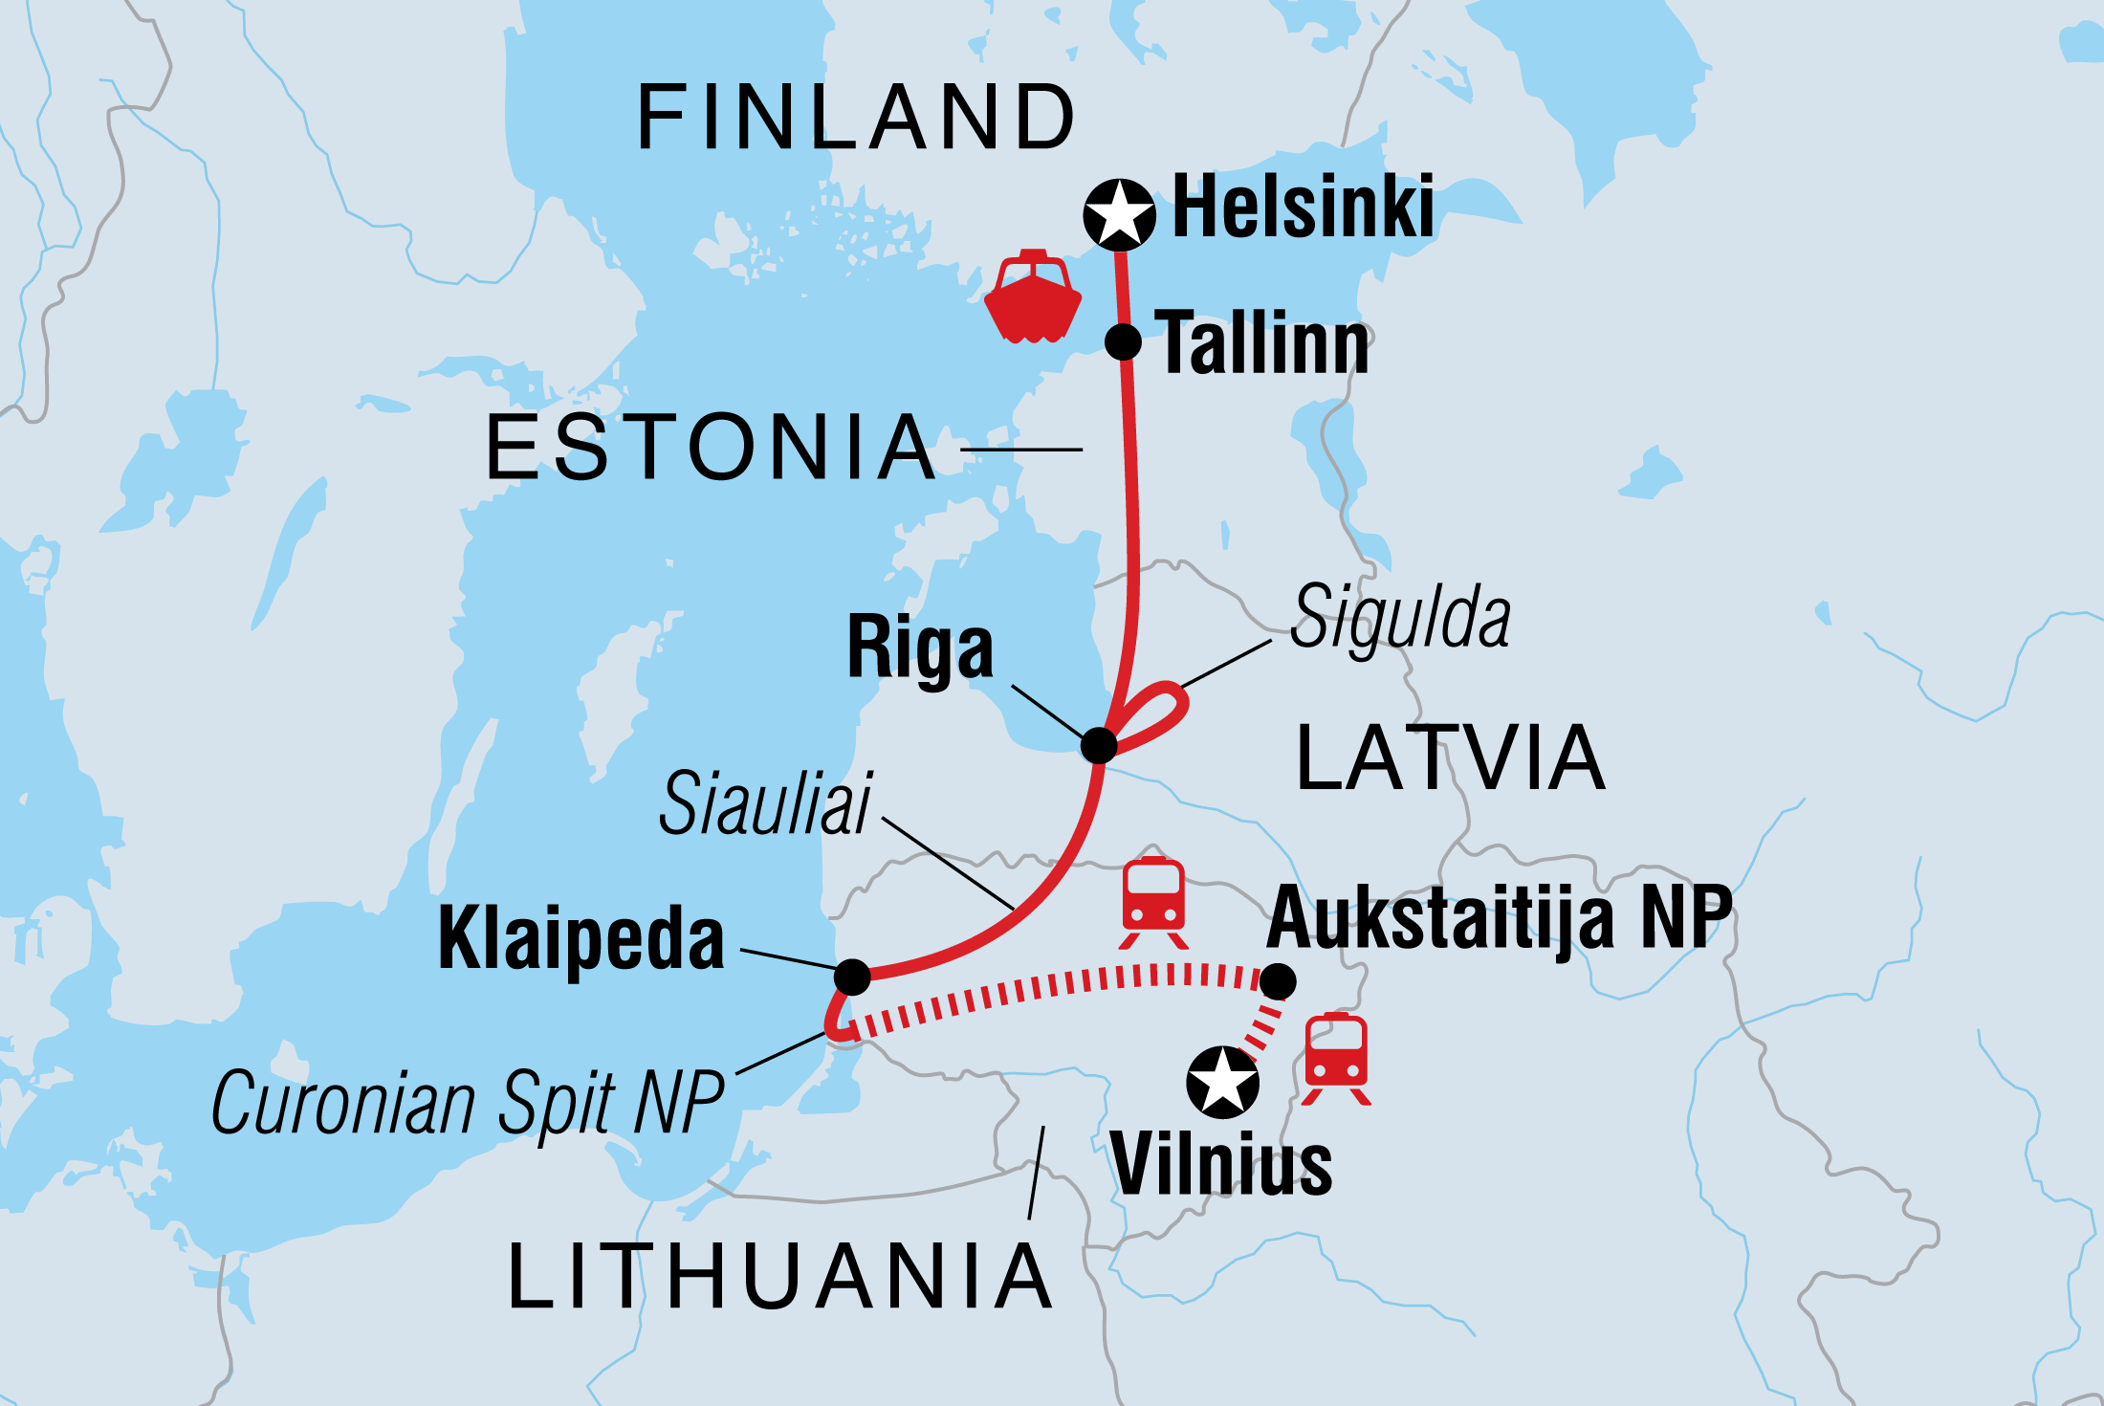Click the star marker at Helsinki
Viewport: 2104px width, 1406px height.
[x=1119, y=214]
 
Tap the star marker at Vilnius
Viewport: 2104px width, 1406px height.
[x=1221, y=1083]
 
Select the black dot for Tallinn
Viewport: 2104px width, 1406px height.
[x=1123, y=341]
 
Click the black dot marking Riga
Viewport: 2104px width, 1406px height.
[x=1099, y=745]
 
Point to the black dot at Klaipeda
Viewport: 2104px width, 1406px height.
[x=852, y=977]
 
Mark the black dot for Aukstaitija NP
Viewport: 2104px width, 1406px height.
[x=1278, y=980]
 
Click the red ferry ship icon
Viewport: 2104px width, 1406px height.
[x=1033, y=297]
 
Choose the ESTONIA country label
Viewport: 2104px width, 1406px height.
[x=711, y=448]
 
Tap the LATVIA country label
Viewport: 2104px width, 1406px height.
[x=1450, y=758]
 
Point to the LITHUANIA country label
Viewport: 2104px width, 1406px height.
[x=779, y=1277]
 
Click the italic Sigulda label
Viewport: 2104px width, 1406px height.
[x=1400, y=618]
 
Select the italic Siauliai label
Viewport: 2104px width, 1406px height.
[x=765, y=803]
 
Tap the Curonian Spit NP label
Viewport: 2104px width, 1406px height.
[x=468, y=1103]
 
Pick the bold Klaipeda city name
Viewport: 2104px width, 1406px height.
[x=581, y=939]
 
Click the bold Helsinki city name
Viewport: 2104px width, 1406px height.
[x=1303, y=207]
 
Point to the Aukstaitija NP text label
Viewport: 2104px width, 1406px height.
[x=1499, y=917]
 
